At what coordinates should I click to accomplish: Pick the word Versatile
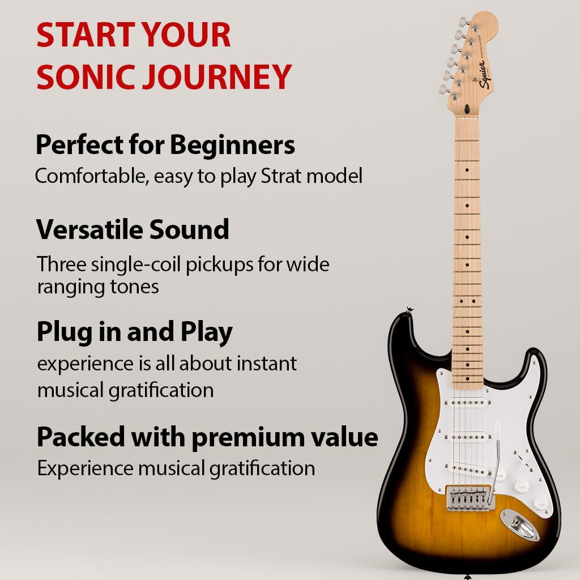[89, 230]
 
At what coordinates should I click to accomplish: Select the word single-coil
[137, 265]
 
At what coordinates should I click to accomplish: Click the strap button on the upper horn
[407, 309]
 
